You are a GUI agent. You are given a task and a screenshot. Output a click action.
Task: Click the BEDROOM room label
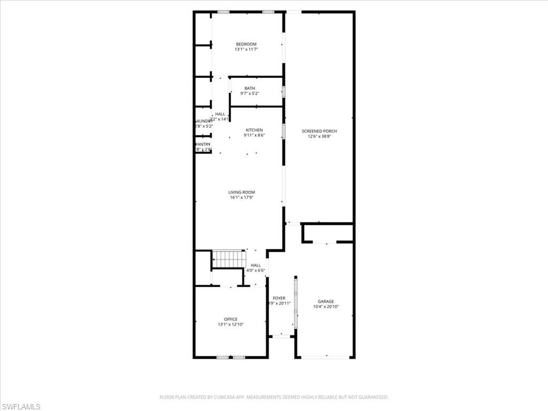[x=246, y=44]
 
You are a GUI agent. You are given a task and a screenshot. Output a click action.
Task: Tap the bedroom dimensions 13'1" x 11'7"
[x=246, y=50]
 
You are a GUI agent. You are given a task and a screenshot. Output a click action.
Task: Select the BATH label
[x=250, y=88]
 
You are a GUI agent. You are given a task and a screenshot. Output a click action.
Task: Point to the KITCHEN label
[x=254, y=130]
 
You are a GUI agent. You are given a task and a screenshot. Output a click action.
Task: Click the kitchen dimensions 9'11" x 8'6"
[x=254, y=135]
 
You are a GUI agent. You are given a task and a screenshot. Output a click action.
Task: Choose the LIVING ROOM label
[x=242, y=192]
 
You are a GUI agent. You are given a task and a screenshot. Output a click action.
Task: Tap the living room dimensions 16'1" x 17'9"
[x=242, y=197]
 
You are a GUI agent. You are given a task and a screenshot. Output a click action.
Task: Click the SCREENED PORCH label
[x=319, y=131]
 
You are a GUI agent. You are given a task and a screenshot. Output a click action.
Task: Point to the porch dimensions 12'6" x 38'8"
[x=319, y=136]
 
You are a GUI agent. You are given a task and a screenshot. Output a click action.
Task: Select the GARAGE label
[x=326, y=301]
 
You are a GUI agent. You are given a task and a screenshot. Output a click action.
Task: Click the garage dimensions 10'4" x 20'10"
[x=326, y=307]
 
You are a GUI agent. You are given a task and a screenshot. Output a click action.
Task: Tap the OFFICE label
[x=231, y=319]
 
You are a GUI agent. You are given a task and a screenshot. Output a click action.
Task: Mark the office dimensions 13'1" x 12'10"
[x=231, y=325]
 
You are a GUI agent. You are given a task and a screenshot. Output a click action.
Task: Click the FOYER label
[x=279, y=298]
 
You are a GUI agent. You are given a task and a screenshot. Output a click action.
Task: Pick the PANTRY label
[x=203, y=144]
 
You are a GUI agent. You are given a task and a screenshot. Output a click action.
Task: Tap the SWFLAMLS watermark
[x=21, y=407]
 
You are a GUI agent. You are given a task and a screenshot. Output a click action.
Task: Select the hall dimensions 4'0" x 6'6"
[x=256, y=271]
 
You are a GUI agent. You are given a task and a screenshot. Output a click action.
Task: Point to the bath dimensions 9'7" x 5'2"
[x=250, y=94]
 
